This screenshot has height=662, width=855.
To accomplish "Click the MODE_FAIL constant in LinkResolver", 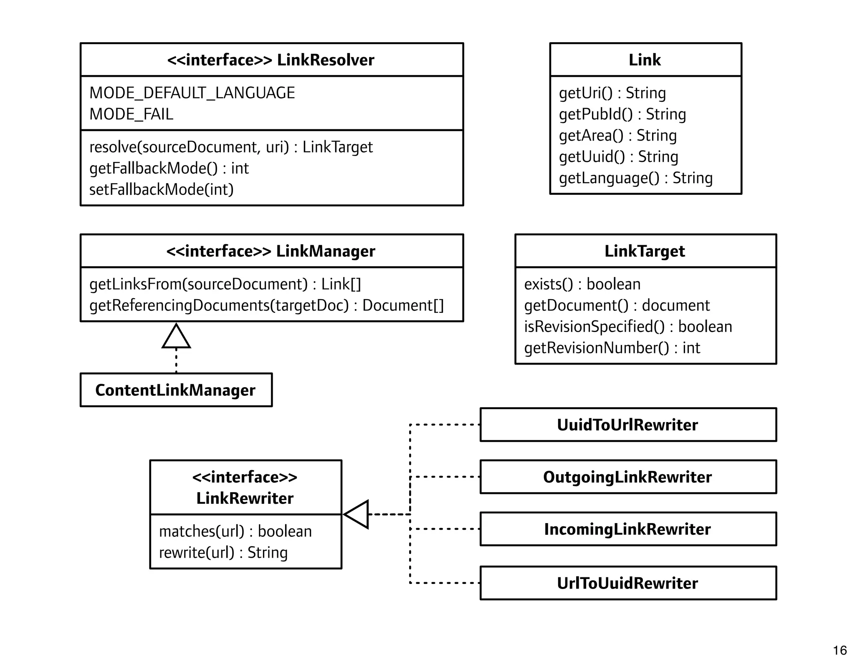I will pyautogui.click(x=131, y=114).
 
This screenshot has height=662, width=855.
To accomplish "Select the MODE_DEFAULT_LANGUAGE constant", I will pyautogui.click(x=192, y=93).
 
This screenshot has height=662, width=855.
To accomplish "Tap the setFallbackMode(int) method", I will pyautogui.click(x=161, y=190).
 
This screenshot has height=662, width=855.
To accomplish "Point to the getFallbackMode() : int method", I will pyautogui.click(x=169, y=169).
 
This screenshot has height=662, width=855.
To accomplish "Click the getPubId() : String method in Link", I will pyautogui.click(x=622, y=114).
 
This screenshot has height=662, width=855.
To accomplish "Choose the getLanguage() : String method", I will pyautogui.click(x=635, y=178).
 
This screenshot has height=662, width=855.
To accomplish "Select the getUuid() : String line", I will pyautogui.click(x=618, y=157).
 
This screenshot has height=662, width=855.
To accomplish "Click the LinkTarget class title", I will pyautogui.click(x=645, y=251).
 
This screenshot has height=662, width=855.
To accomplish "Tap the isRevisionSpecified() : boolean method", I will pyautogui.click(x=628, y=327).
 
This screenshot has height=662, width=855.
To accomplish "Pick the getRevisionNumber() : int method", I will pyautogui.click(x=612, y=348).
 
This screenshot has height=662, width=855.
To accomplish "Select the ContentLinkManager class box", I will pyautogui.click(x=176, y=390).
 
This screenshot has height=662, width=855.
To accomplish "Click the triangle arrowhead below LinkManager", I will pyautogui.click(x=176, y=337).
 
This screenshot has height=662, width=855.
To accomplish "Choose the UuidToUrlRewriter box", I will pyautogui.click(x=627, y=425).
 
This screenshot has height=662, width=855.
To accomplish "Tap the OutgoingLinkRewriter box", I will pyautogui.click(x=627, y=477).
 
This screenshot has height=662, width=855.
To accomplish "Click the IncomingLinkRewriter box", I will pyautogui.click(x=627, y=529).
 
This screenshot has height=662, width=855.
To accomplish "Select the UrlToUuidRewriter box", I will pyautogui.click(x=627, y=583).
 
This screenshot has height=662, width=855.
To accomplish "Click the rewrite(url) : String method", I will pyautogui.click(x=223, y=553).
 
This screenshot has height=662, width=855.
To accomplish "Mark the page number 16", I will pyautogui.click(x=840, y=650).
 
